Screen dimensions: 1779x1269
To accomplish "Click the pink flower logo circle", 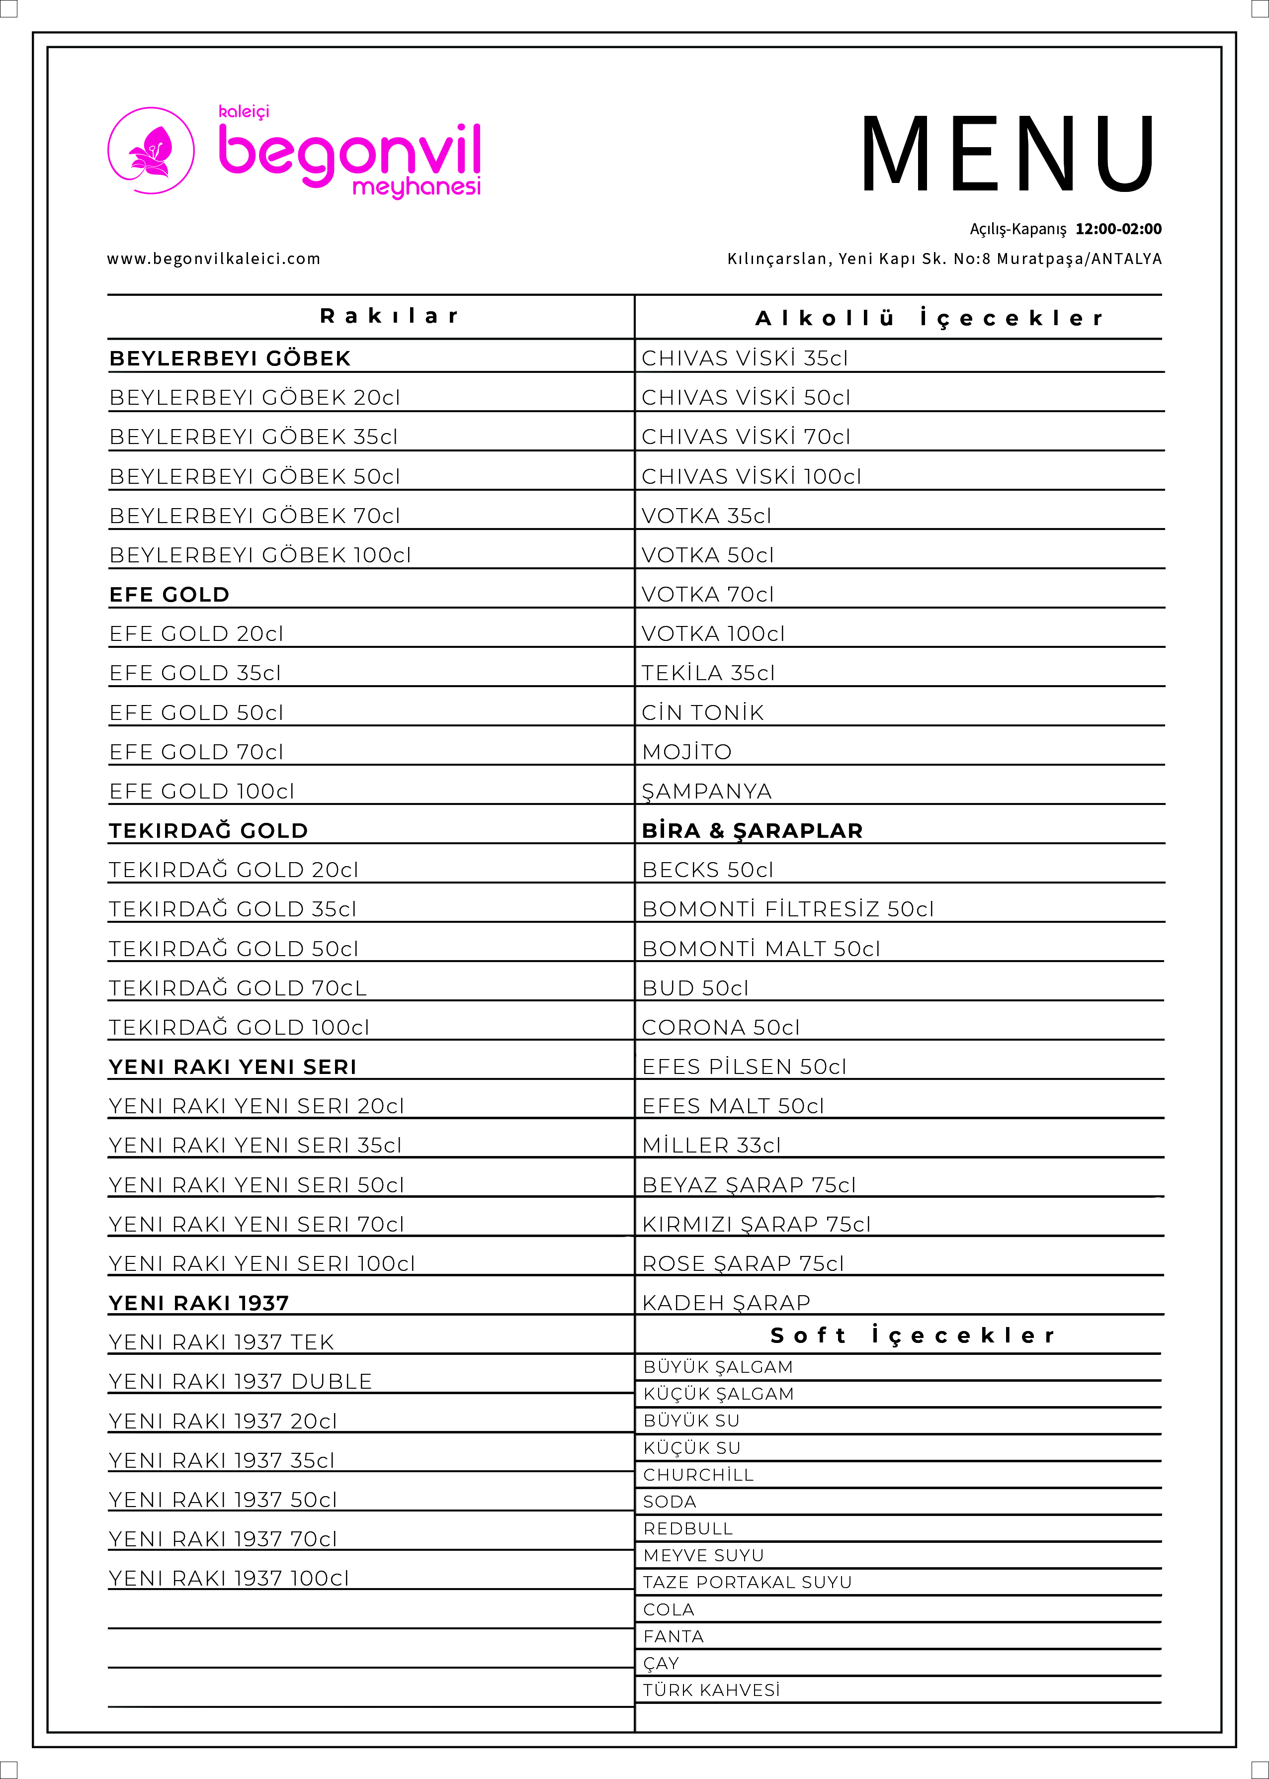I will point(151,151).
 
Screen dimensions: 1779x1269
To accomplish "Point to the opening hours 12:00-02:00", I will point(1118,229).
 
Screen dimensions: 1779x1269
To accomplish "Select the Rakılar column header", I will point(389,316).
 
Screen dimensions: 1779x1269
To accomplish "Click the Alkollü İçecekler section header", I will point(929,318).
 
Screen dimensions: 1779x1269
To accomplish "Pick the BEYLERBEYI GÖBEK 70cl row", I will point(254,516).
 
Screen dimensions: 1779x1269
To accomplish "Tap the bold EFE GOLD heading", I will point(169,595).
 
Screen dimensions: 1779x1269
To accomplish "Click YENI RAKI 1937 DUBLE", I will point(241,1381).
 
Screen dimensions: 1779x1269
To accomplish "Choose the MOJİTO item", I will point(687,752).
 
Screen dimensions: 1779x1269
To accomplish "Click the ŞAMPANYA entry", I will point(706,791).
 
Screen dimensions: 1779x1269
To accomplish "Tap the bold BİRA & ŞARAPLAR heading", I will point(752,831).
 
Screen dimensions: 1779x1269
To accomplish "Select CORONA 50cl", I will point(720,1027).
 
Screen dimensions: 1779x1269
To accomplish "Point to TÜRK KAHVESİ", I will point(711,1690).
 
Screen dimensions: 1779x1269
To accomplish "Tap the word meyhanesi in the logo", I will point(417,187).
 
